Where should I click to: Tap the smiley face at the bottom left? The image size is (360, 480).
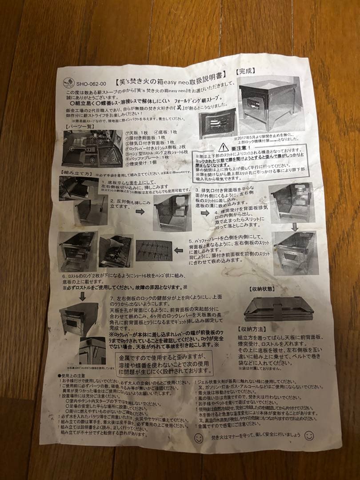tap(199, 438)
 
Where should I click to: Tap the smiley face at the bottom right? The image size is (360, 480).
tap(309, 436)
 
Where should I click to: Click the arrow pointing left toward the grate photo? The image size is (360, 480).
tap(179, 251)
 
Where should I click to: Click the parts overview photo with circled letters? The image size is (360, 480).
tap(92, 149)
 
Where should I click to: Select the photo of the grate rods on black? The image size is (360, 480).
tap(153, 253)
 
